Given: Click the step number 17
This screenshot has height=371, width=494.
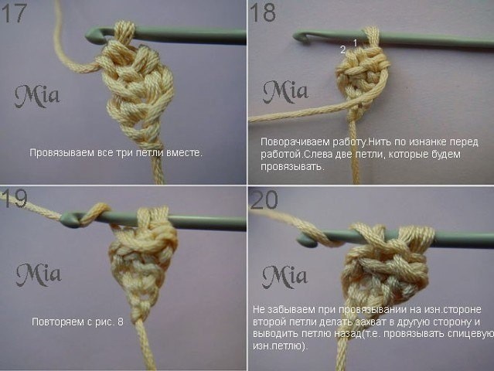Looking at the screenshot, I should point(15,14).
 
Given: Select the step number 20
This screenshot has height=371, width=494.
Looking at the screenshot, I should point(264,200).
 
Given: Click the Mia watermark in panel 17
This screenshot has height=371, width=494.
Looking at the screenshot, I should point(36,96).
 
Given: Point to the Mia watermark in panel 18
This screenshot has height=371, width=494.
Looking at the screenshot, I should point(284,92).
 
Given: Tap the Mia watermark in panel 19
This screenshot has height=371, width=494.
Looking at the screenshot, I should point(38,274).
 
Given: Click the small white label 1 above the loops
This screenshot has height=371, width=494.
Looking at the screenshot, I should point(355,42).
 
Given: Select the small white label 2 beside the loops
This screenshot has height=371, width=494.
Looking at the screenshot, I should point(342,49).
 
